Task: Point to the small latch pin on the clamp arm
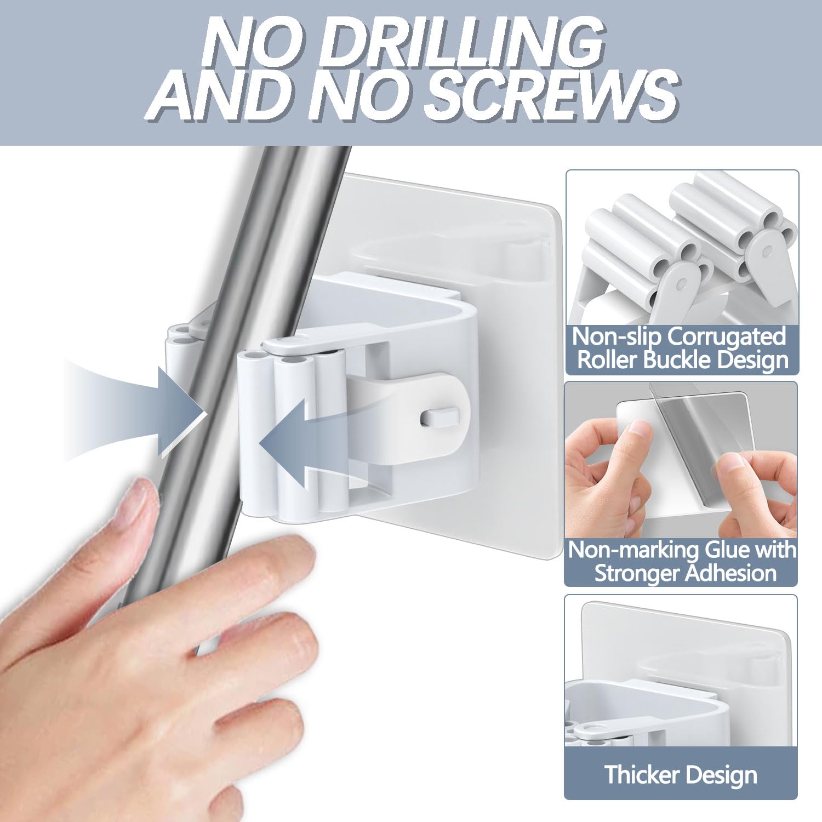[439, 417]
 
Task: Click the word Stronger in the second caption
[636, 573]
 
